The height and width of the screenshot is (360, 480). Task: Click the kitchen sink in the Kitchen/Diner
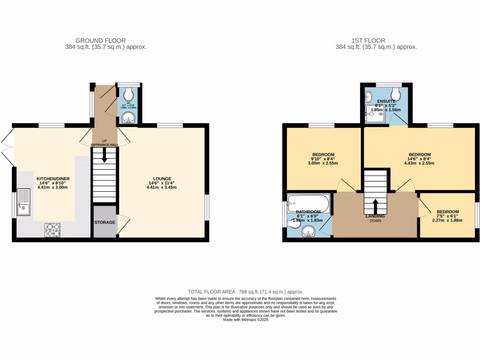tap(23, 202)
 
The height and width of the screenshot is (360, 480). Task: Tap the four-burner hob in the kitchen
tap(52, 230)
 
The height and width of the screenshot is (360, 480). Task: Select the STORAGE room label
tap(105, 222)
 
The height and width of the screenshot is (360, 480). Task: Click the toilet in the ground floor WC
tap(128, 96)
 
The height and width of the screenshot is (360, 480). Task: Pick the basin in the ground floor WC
tap(127, 119)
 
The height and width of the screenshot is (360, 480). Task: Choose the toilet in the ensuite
tap(396, 92)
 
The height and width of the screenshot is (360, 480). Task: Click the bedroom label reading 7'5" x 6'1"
tap(447, 216)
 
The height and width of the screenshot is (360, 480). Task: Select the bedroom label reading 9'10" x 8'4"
tap(323, 159)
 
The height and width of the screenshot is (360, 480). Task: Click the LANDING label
tap(375, 216)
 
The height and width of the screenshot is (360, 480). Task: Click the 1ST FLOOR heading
tap(376, 41)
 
